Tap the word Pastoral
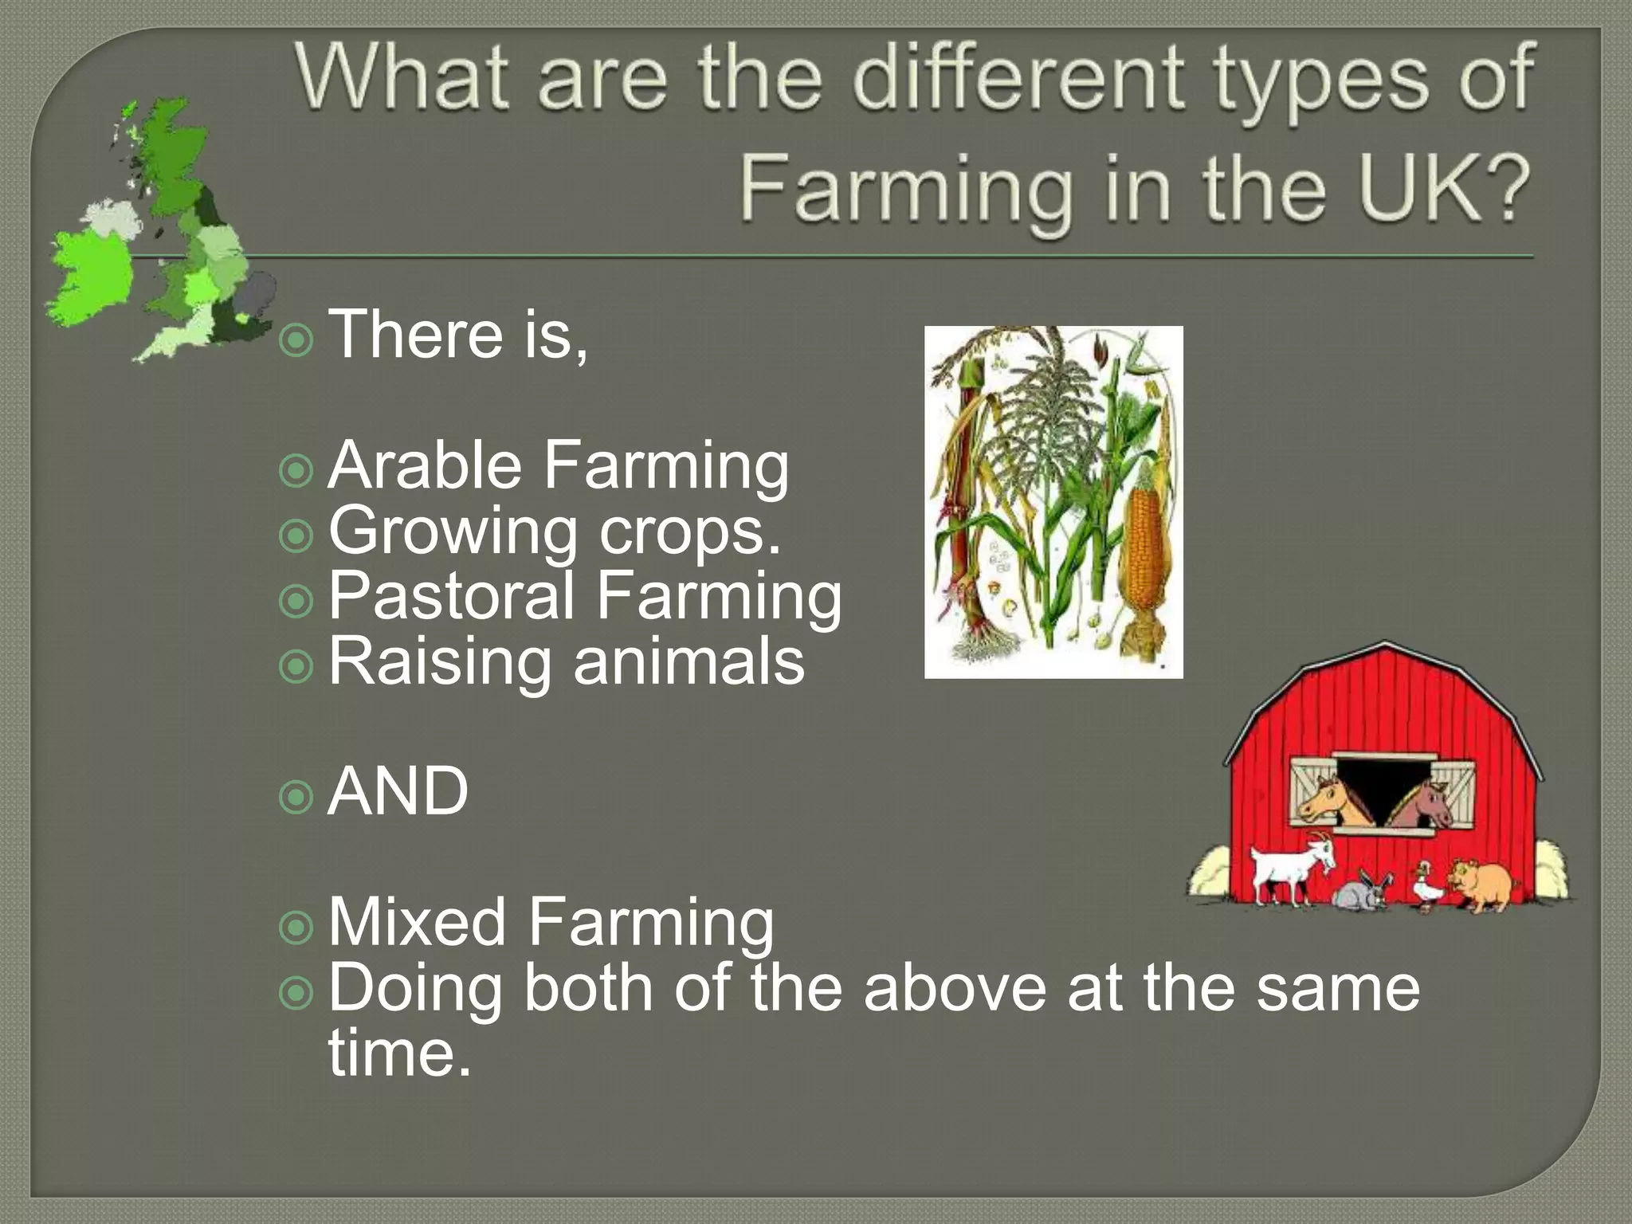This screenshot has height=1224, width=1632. click(451, 595)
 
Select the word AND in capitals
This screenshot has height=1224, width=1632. click(398, 791)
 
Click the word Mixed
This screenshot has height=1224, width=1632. click(417, 922)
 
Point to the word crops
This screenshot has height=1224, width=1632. click(689, 532)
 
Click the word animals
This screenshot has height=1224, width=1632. click(689, 661)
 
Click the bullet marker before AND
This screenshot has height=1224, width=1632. click(296, 797)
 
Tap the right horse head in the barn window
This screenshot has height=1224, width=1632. click(1426, 802)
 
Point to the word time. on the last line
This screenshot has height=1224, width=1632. click(400, 1053)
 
